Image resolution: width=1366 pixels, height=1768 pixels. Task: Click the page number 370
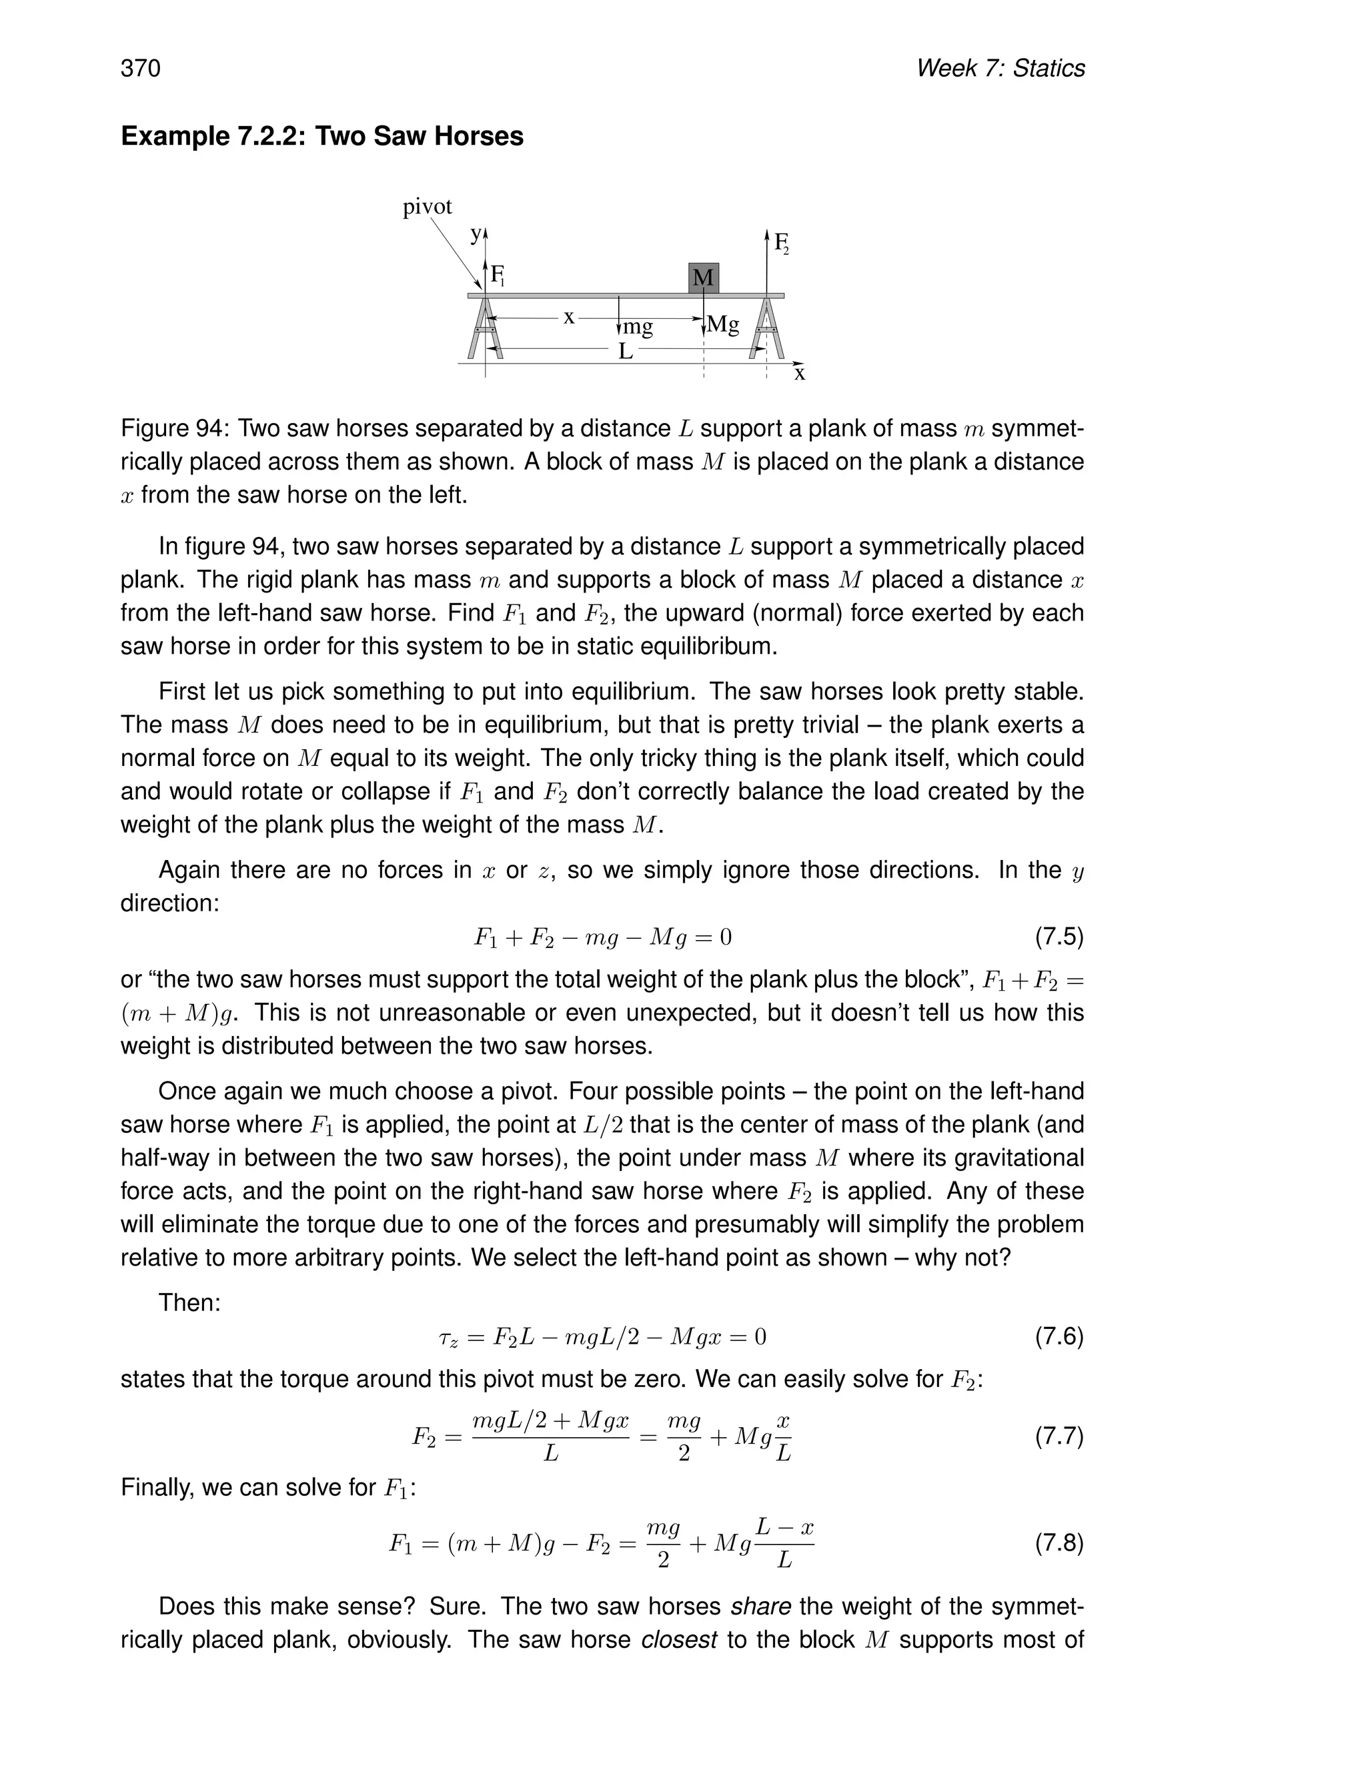[141, 69]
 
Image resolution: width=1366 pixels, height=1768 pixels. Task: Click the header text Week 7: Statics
[1000, 69]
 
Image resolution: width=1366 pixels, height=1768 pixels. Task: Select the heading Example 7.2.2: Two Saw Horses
[322, 136]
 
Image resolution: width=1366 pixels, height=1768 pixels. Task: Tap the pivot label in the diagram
[428, 207]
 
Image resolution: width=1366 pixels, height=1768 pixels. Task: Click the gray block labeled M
[703, 278]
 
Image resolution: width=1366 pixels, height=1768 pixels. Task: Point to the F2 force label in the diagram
[781, 243]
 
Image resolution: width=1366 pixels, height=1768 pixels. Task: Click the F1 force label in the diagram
[497, 276]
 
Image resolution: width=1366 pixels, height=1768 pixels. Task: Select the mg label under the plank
[637, 327]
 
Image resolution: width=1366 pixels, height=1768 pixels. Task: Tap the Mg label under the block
[722, 325]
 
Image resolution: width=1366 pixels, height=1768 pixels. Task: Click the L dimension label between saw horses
[625, 352]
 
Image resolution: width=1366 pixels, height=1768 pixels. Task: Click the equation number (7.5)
[1059, 937]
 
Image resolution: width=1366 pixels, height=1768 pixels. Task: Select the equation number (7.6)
[1059, 1336]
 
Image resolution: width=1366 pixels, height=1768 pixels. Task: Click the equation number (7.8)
[1059, 1543]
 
